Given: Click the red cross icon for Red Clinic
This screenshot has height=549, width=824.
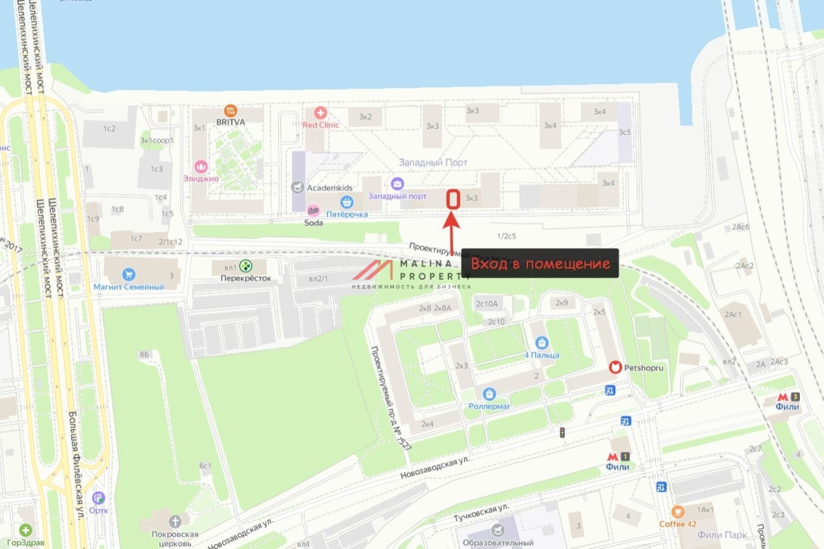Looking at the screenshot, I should (x=320, y=113).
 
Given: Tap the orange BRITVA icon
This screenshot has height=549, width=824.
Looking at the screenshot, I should (x=231, y=110).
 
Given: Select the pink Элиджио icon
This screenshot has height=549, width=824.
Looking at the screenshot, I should (x=201, y=166).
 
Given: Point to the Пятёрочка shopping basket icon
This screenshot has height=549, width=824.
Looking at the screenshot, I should (x=347, y=202).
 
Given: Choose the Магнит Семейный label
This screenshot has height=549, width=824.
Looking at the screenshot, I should (x=130, y=287).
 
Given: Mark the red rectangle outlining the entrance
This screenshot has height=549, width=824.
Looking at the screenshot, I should (x=453, y=199).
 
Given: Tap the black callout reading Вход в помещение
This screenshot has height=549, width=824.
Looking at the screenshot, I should (x=540, y=264).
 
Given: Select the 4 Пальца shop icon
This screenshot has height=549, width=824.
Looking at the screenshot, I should (x=542, y=342).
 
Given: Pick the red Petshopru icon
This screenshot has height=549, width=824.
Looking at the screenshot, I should (x=616, y=368).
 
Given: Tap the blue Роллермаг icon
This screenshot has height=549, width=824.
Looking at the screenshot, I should (x=489, y=394).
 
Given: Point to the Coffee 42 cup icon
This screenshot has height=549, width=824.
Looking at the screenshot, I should (x=678, y=511).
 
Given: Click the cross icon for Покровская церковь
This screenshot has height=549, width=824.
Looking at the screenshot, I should (x=176, y=522).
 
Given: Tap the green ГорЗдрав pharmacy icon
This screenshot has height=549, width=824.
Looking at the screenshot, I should (x=25, y=530).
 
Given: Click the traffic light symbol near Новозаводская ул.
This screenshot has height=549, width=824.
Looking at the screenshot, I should (x=562, y=432).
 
